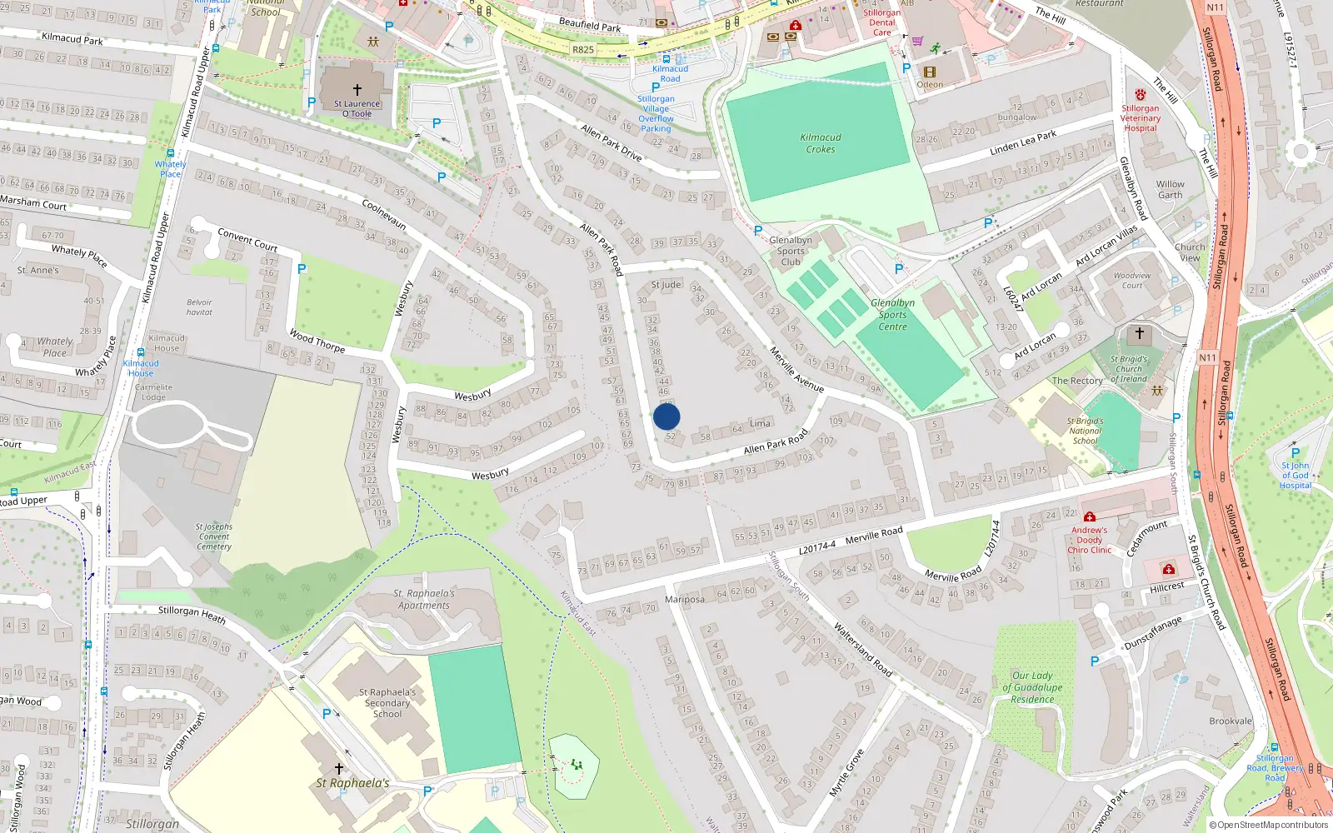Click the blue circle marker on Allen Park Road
coord(666,416)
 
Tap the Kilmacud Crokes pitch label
coord(821,143)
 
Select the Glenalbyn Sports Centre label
coord(892,315)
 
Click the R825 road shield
coord(583,50)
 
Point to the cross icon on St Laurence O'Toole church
coord(357,89)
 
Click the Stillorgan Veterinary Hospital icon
coord(1140,95)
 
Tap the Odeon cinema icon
coord(930,72)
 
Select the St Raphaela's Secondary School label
coord(387,702)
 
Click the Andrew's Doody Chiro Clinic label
coord(1090,540)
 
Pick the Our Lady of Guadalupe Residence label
coord(1032,687)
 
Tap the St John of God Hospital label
coord(1295,475)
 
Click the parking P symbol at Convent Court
coord(302,269)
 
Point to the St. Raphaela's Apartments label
coord(424,599)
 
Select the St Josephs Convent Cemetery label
coord(214,536)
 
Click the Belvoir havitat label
coord(199,307)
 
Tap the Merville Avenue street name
coord(796,369)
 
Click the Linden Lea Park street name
coord(1022,143)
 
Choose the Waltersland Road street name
coord(862,650)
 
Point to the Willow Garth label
coord(1170,189)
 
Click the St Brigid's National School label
coord(1085,431)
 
